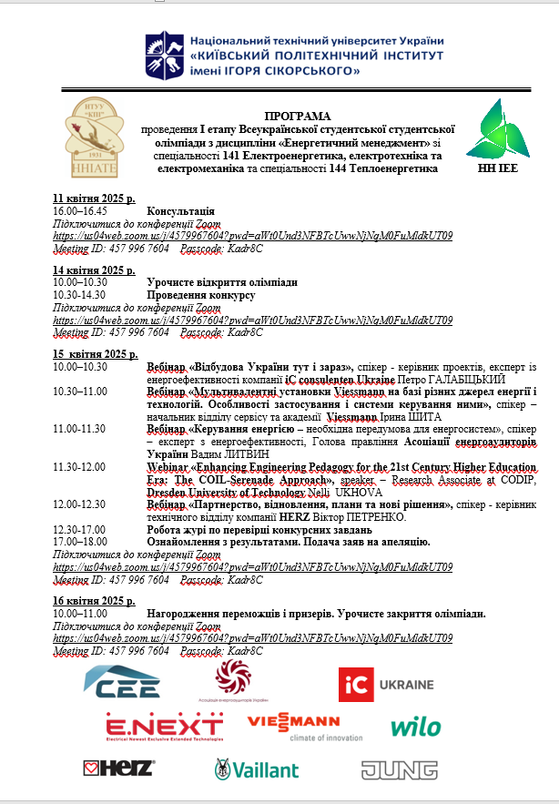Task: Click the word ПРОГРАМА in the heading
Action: pyautogui.click(x=299, y=117)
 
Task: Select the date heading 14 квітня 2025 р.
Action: pyautogui.click(x=95, y=270)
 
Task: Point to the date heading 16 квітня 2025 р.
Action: pyautogui.click(x=95, y=603)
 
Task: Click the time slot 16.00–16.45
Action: pyautogui.click(x=80, y=210)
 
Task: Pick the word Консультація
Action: pyautogui.click(x=180, y=210)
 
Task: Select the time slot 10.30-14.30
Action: pyautogui.click(x=80, y=295)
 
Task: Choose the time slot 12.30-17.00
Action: pyautogui.click(x=80, y=528)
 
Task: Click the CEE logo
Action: pyautogui.click(x=122, y=680)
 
